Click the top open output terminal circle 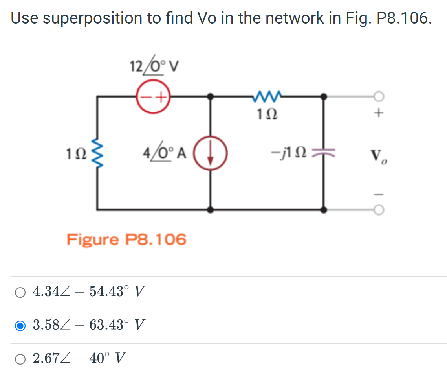click(378, 96)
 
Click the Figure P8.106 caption click(126, 239)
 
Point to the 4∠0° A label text click(164, 152)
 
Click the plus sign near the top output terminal click(378, 114)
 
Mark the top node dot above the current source click(211, 96)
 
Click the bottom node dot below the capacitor click(323, 210)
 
